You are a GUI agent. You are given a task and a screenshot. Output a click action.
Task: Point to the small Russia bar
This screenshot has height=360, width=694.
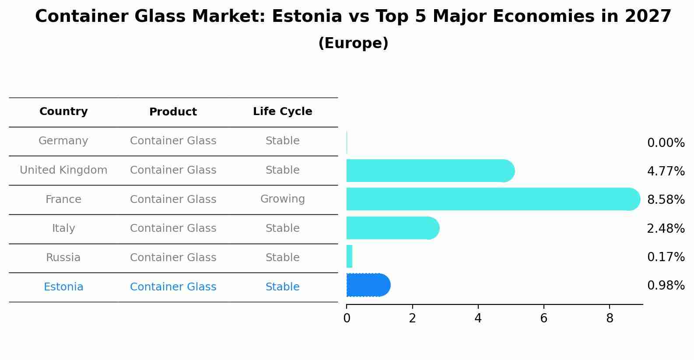(349, 256)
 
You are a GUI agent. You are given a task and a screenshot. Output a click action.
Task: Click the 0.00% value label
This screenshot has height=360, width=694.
(666, 143)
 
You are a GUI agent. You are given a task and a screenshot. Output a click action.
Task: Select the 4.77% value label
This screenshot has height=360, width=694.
(666, 171)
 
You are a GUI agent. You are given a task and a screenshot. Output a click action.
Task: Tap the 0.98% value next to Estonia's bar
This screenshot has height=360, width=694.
(666, 286)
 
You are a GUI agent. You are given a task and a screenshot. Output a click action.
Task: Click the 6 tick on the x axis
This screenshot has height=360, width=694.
(543, 318)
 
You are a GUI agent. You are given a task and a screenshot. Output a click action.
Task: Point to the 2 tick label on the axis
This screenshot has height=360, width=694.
(412, 318)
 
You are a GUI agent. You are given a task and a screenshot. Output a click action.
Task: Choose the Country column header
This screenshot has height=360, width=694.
(63, 112)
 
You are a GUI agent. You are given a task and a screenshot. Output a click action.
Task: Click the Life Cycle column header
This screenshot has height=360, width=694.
(282, 112)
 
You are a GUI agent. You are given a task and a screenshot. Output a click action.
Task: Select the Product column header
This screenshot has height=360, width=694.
(173, 112)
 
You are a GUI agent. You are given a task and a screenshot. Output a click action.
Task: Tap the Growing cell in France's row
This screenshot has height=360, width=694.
(282, 199)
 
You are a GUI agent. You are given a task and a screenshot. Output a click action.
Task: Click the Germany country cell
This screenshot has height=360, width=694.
(63, 141)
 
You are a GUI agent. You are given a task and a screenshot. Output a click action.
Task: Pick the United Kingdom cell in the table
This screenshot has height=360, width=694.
(63, 170)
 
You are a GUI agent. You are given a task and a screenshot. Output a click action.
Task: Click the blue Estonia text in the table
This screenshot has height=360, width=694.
(63, 287)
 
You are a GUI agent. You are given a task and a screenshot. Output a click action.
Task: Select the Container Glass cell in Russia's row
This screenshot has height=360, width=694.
(173, 258)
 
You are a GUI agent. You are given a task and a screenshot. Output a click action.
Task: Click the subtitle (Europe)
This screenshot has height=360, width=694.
(353, 43)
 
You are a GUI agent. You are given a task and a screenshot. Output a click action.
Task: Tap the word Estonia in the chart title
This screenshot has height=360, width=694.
(306, 17)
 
